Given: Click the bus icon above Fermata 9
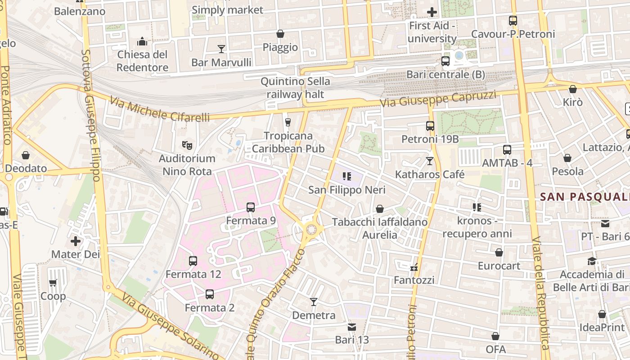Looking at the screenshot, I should click(x=251, y=207).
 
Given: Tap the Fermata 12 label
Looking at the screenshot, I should click(x=193, y=274).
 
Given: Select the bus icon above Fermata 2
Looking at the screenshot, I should click(x=210, y=294).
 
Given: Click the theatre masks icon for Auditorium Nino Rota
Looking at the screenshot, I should click(x=187, y=145).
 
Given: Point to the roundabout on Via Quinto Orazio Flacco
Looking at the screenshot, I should click(x=311, y=230).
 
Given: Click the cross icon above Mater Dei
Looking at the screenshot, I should click(x=76, y=241).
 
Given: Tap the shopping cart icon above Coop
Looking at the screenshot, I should click(x=53, y=283).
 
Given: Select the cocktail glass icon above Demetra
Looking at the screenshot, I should click(x=314, y=301).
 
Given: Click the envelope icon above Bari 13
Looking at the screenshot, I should click(x=352, y=327).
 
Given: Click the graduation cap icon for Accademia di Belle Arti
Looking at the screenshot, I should click(x=592, y=261).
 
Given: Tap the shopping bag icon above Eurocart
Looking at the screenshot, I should click(x=499, y=252).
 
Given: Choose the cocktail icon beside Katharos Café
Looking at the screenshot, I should click(x=430, y=161).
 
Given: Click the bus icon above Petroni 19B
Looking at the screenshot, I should click(x=430, y=126).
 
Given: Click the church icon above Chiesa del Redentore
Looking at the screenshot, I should click(x=142, y=42).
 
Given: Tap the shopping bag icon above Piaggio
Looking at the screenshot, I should click(x=280, y=34).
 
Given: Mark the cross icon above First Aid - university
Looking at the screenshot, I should click(x=432, y=12).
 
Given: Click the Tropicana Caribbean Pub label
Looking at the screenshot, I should click(x=288, y=142).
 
